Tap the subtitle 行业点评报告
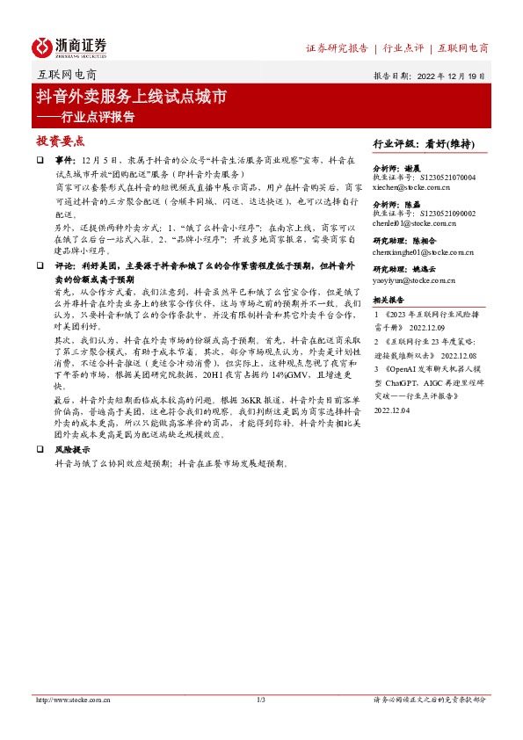[x=97, y=115]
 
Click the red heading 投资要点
[x=60, y=141]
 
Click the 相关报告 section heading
[x=392, y=300]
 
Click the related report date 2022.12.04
[x=392, y=408]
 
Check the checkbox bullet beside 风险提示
[x=40, y=448]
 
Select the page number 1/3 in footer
[x=261, y=700]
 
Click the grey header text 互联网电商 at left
[x=68, y=76]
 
